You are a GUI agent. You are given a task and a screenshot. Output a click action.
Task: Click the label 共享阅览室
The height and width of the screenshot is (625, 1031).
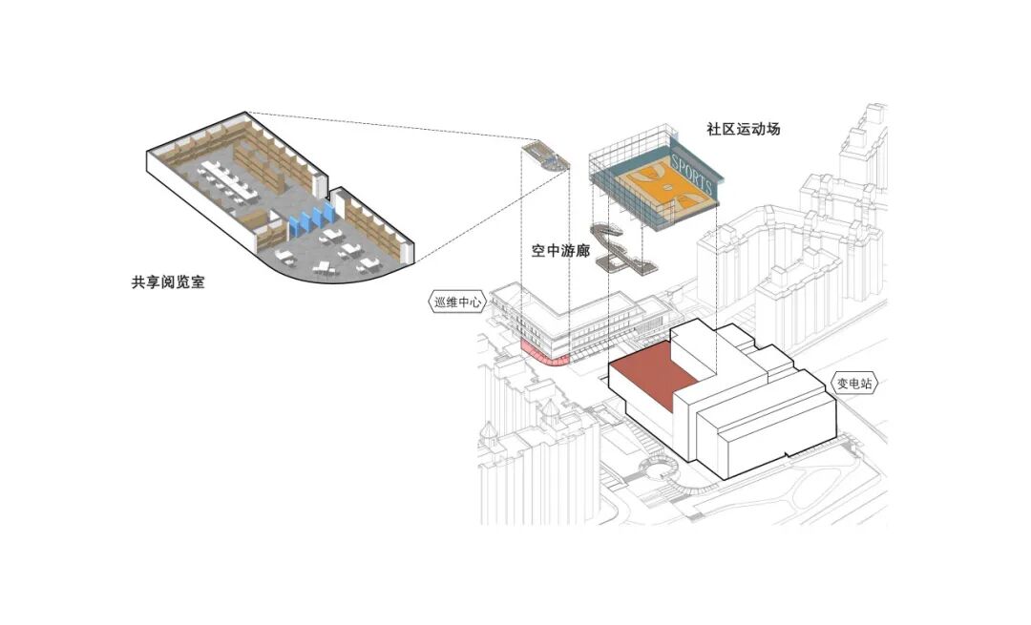click(168, 283)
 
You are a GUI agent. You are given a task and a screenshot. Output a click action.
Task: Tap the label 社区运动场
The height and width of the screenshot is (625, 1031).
click(743, 128)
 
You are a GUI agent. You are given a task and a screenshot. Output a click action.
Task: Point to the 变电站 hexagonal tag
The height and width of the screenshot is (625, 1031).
click(854, 385)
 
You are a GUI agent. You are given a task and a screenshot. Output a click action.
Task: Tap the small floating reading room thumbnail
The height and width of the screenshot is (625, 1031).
click(545, 156)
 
